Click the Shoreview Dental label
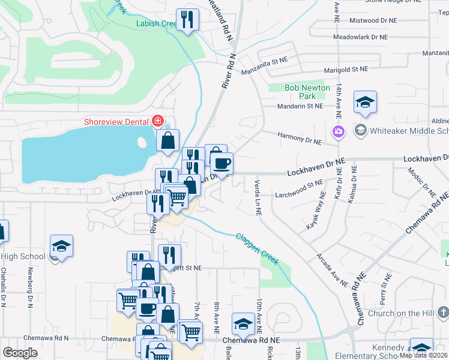(117, 121)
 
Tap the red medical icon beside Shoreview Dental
(158, 121)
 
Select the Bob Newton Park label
(307, 92)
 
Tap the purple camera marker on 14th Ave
(339, 131)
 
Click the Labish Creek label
(156, 24)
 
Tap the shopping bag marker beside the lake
(168, 141)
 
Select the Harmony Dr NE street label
(300, 139)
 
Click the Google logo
(20, 353)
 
